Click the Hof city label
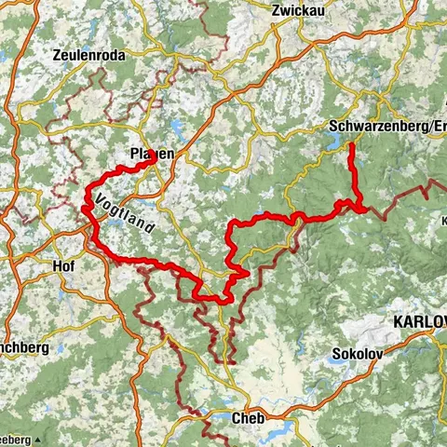(65, 264)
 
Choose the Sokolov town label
(354, 355)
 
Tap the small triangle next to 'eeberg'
(39, 439)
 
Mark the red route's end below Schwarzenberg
(351, 144)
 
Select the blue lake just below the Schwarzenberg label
(333, 141)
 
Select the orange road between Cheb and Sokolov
(298, 391)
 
